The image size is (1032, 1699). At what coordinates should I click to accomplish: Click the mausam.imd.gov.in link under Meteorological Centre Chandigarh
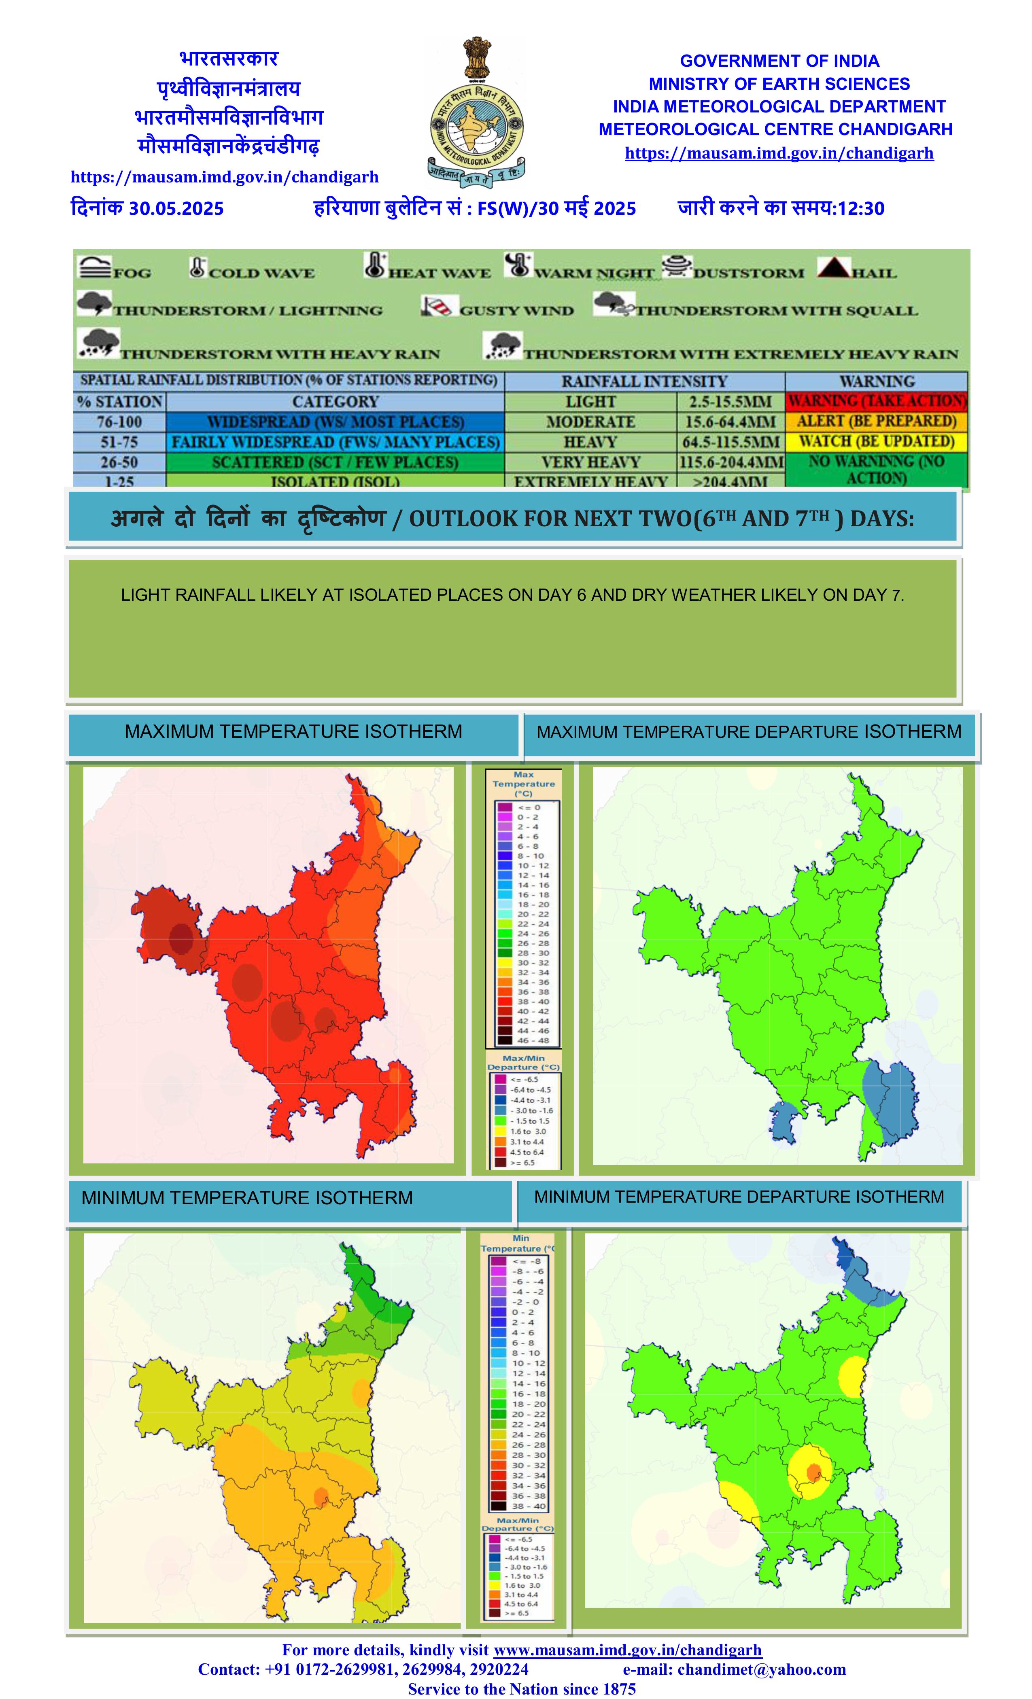tap(779, 153)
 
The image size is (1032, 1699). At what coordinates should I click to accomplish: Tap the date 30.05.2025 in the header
tap(176, 208)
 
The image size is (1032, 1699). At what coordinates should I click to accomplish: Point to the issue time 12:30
tap(860, 208)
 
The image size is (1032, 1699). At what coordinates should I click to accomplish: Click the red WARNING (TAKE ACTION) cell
tap(876, 400)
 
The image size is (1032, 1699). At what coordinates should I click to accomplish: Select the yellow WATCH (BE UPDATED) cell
tap(876, 441)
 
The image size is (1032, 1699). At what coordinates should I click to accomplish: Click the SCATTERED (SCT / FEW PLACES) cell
tap(335, 462)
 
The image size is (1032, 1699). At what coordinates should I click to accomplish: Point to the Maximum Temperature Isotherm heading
tap(293, 732)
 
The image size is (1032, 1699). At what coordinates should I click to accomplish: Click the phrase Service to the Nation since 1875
tap(522, 1688)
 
